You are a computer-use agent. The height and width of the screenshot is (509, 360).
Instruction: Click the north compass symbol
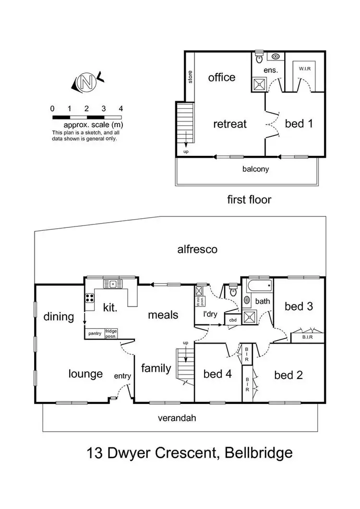click(x=87, y=82)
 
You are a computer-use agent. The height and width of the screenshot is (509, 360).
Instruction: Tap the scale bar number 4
click(x=120, y=108)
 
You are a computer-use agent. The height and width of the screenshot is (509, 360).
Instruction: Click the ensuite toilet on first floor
click(x=259, y=58)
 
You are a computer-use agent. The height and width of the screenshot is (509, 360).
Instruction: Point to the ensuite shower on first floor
click(x=259, y=84)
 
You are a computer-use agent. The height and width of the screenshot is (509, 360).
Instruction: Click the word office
click(x=222, y=77)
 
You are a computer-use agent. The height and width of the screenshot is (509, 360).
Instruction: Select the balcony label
click(x=255, y=169)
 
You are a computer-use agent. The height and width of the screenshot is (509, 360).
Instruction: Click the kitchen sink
click(x=112, y=284)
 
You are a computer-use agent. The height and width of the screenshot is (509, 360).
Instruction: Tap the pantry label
click(x=94, y=332)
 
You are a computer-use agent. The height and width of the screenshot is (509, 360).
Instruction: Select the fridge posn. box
click(x=111, y=333)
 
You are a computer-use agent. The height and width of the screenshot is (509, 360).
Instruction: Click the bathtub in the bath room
click(x=259, y=288)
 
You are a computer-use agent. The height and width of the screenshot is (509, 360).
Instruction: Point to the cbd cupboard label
click(x=233, y=320)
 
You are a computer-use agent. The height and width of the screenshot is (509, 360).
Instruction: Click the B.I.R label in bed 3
click(x=308, y=337)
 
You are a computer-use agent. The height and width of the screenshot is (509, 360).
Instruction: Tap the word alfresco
click(x=197, y=249)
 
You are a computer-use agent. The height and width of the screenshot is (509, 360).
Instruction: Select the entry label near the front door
click(x=122, y=376)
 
